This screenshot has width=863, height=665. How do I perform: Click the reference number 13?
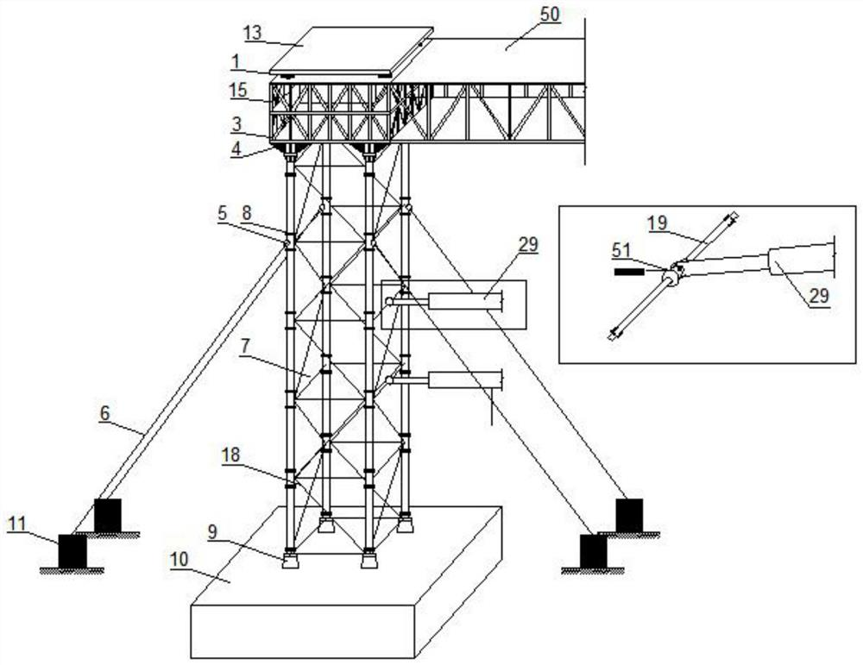point(253,34)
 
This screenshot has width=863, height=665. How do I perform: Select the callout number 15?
point(237,89)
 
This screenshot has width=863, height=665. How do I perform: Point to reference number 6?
point(105,413)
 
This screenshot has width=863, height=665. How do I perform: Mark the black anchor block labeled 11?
point(72,550)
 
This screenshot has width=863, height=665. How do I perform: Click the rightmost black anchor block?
point(629,515)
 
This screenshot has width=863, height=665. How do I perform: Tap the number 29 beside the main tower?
point(527,244)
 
